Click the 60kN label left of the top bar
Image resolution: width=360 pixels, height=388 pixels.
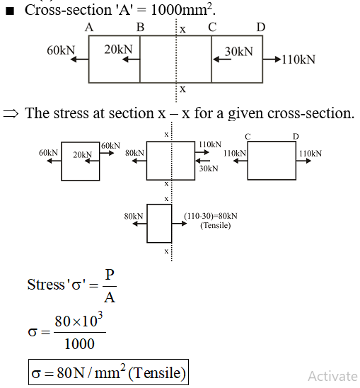point(61,50)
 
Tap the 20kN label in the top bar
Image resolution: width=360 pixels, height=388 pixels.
point(118,50)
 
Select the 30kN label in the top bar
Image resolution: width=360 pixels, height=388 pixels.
point(239,52)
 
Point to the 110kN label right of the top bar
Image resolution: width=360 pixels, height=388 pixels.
point(298,59)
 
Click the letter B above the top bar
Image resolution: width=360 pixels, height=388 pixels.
point(141,27)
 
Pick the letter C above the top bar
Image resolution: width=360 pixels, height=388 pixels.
point(212,27)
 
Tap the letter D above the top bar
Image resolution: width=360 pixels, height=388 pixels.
point(261,27)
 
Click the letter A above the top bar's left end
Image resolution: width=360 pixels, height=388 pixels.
point(89,27)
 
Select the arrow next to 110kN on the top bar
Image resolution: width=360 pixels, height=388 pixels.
point(272,59)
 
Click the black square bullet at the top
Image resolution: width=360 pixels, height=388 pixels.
point(10,11)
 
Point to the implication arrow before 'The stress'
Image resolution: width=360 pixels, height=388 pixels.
point(11,114)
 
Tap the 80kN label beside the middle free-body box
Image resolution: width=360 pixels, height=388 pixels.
point(134,153)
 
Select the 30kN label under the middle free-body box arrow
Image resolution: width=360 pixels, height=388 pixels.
point(209,169)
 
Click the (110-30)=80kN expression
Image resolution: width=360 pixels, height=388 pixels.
point(211,216)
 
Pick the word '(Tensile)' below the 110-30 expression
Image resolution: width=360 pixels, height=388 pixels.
point(215,225)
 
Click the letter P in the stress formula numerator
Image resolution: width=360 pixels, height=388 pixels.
point(110,275)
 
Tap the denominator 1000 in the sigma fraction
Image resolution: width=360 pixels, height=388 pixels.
point(79,343)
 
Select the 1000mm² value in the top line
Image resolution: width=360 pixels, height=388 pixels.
point(182,10)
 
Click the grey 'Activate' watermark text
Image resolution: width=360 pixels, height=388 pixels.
point(334,377)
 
